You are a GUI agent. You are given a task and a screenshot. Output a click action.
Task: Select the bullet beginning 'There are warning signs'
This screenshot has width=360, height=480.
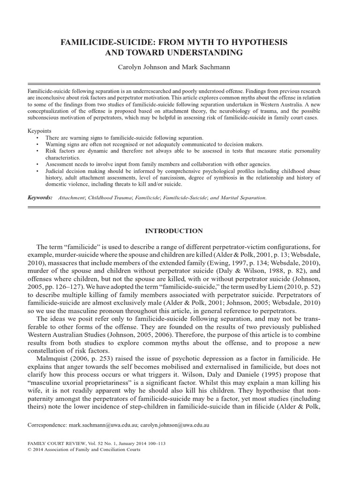tap(124, 138)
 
